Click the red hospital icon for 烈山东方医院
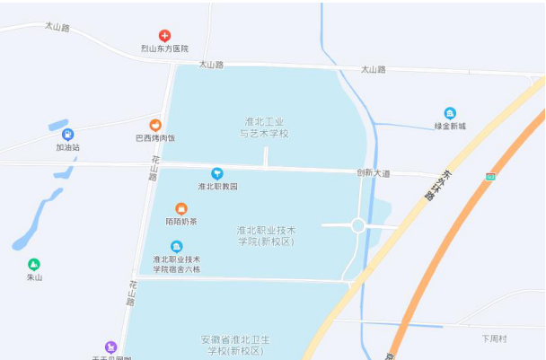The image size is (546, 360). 164,35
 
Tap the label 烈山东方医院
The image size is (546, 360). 164,48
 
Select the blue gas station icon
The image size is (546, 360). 67,134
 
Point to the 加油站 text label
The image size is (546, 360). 67,147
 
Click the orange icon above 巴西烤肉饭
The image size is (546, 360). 155,125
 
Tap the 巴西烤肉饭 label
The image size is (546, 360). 155,138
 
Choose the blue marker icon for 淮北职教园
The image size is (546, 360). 216,172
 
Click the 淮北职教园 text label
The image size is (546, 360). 217,186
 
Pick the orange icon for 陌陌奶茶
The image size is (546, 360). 181,208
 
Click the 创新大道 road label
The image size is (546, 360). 373,172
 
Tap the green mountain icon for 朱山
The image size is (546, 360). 34,264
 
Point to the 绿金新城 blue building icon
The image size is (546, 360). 450,113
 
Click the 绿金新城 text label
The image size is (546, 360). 450,127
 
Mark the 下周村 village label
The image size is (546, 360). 494,338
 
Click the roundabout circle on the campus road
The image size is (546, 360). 357,225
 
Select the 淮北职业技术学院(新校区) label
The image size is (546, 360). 266,235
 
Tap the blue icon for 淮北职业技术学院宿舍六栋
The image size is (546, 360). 176,247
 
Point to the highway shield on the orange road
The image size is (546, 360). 489,177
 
